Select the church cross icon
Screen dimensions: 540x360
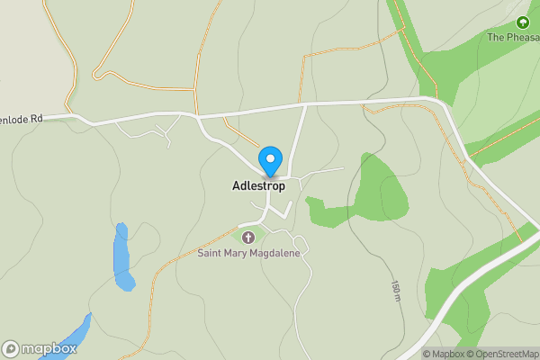[247, 237]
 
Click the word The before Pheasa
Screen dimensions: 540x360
[496, 38]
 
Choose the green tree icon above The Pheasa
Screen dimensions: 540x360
[522, 22]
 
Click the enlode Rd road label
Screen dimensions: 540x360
[22, 117]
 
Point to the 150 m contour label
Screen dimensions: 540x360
[395, 290]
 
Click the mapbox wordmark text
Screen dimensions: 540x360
[49, 348]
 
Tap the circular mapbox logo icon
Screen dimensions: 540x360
[12, 348]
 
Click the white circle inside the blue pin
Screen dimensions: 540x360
[270, 157]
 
